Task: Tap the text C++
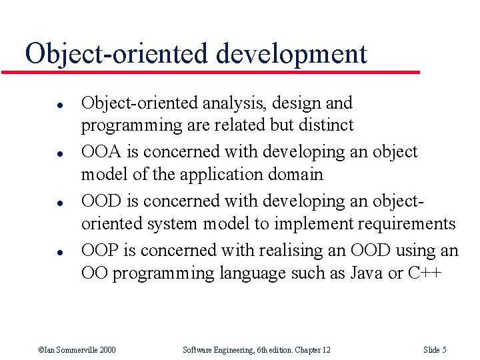[423, 273]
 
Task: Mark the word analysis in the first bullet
[225, 103]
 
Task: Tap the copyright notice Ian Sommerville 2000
[77, 350]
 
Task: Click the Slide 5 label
[435, 350]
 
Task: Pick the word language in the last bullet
[251, 273]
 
